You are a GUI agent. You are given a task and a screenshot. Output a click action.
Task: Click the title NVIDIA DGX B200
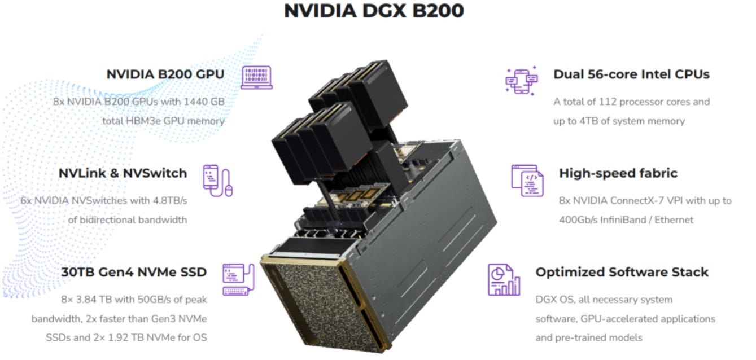(374, 11)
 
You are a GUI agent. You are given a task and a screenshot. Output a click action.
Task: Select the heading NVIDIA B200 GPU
(165, 74)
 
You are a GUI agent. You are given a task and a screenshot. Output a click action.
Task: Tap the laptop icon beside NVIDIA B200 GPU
(256, 78)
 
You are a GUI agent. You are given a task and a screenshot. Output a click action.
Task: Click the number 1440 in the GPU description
(196, 102)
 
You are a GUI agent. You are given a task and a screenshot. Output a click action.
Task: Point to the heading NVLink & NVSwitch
(123, 173)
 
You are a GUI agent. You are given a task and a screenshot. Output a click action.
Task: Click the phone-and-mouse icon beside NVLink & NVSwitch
(218, 181)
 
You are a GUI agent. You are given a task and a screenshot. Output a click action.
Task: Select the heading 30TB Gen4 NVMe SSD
(134, 272)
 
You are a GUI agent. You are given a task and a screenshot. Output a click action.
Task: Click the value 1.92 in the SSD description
(117, 337)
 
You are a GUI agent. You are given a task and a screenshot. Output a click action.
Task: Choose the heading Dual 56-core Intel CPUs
(631, 74)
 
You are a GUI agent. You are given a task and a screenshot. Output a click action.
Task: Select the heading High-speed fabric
(618, 173)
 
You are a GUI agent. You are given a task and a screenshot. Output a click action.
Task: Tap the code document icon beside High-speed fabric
(527, 181)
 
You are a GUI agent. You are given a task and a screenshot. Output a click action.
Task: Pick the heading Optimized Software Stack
(622, 272)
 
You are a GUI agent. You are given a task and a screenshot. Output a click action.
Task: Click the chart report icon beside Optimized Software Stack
(504, 280)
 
